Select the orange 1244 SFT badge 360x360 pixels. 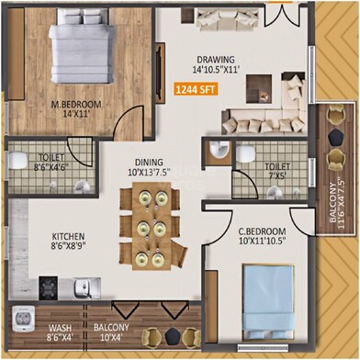click(197, 90)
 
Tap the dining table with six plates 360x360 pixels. click(151, 226)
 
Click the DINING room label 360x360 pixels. click(150, 164)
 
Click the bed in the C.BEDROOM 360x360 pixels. click(264, 295)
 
